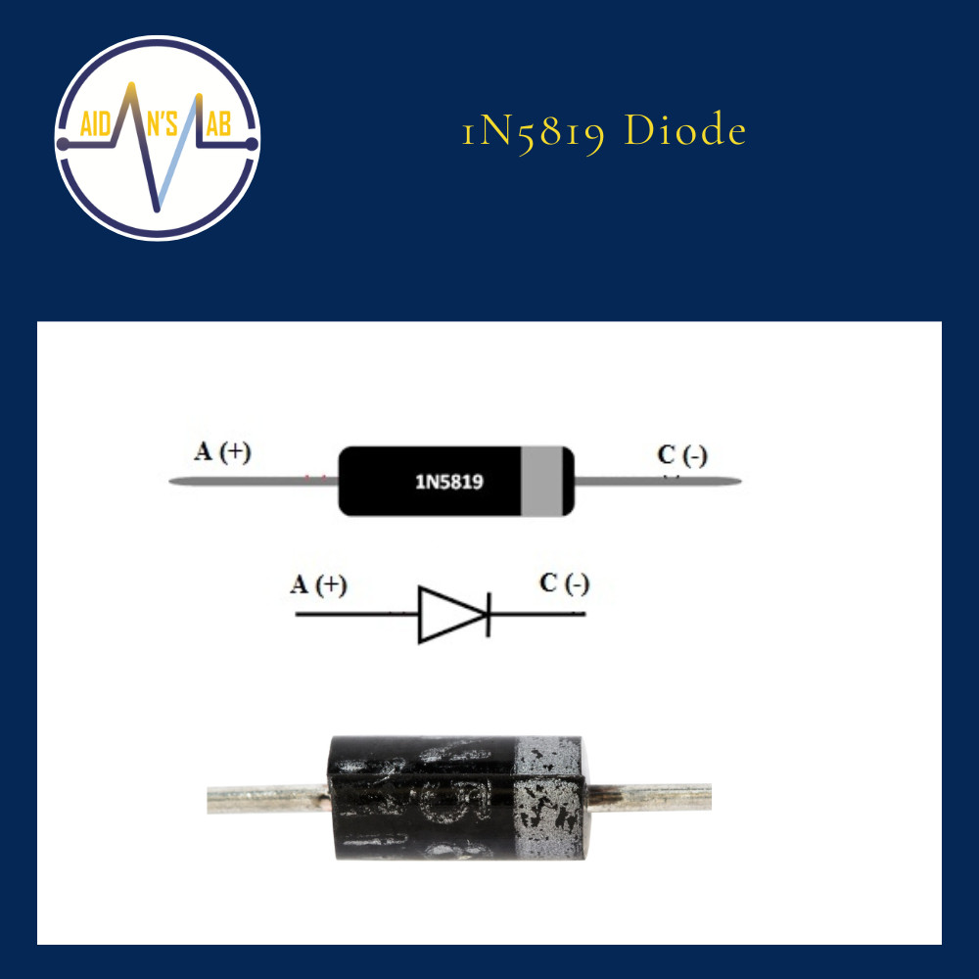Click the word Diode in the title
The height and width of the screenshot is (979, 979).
click(685, 131)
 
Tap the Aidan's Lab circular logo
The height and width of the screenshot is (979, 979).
click(158, 138)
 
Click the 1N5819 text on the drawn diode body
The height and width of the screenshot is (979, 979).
click(449, 482)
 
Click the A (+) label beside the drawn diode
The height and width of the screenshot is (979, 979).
click(222, 452)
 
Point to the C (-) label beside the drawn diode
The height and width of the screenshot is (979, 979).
click(682, 455)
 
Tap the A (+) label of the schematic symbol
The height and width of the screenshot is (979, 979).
click(319, 585)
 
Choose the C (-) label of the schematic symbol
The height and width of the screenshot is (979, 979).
click(564, 584)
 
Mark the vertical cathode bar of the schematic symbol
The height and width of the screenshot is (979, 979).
click(488, 615)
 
